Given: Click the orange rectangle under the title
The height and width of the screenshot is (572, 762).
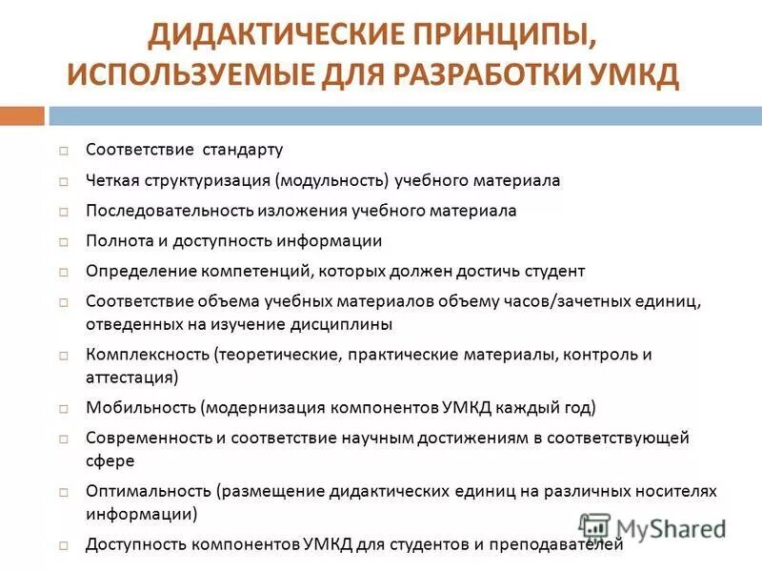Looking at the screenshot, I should point(22,115).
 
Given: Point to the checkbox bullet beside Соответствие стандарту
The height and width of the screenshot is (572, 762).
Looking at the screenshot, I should point(63,151).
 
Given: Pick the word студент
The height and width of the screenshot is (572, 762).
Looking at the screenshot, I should point(553,271).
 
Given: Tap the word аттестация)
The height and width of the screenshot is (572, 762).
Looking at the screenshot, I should point(131,378).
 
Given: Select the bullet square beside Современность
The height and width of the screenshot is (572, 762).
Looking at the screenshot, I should point(63,439).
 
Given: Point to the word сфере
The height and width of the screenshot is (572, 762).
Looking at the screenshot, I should point(110,460).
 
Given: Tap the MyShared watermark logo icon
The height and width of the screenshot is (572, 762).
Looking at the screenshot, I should point(595,527).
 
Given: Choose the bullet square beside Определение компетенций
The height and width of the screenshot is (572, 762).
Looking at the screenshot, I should point(63,272).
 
